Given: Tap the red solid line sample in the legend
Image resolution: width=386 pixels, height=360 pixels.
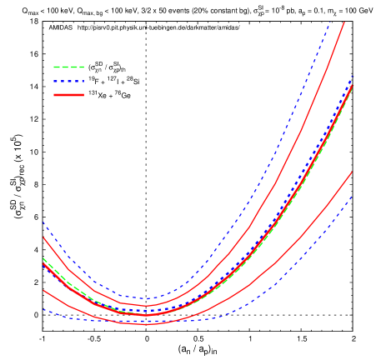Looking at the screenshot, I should [68, 95].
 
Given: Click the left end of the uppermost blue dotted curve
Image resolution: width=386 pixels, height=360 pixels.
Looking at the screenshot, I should [43, 222].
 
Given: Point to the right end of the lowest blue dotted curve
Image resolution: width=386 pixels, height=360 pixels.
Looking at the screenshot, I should [352, 197].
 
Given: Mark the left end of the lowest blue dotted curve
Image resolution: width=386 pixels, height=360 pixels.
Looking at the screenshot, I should [43, 310].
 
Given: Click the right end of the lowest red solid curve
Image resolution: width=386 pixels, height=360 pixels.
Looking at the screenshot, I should [352, 172].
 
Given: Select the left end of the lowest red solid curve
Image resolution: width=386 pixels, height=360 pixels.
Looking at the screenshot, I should [43, 290].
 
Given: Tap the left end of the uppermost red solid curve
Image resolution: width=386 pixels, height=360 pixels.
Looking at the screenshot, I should [43, 237].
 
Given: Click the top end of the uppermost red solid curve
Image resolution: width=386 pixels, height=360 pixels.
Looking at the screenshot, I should [344, 22].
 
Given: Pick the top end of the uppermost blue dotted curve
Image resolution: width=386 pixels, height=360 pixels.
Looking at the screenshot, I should [331, 21].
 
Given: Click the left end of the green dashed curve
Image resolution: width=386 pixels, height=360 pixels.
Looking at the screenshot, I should [43, 258].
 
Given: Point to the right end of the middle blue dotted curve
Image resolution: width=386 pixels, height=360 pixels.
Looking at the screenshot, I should [352, 77].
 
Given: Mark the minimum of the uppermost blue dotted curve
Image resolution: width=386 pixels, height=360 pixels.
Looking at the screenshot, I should [147, 298].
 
